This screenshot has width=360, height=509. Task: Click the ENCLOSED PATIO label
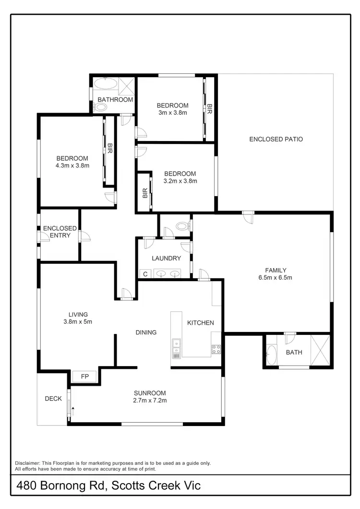click(x=276, y=139)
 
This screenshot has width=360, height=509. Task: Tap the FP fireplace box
click(x=84, y=376)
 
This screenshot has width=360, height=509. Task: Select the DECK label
click(x=53, y=398)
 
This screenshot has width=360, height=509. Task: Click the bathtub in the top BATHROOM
click(x=105, y=84)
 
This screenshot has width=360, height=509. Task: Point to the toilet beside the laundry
click(x=182, y=225)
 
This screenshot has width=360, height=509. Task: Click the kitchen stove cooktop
click(x=216, y=349)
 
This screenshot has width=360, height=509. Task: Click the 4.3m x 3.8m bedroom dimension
click(x=72, y=166)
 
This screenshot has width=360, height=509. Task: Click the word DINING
click(x=146, y=332)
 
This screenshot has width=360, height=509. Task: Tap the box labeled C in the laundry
click(x=145, y=274)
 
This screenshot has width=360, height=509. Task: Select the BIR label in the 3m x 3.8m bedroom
click(x=209, y=109)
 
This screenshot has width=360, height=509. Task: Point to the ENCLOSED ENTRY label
click(x=60, y=232)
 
